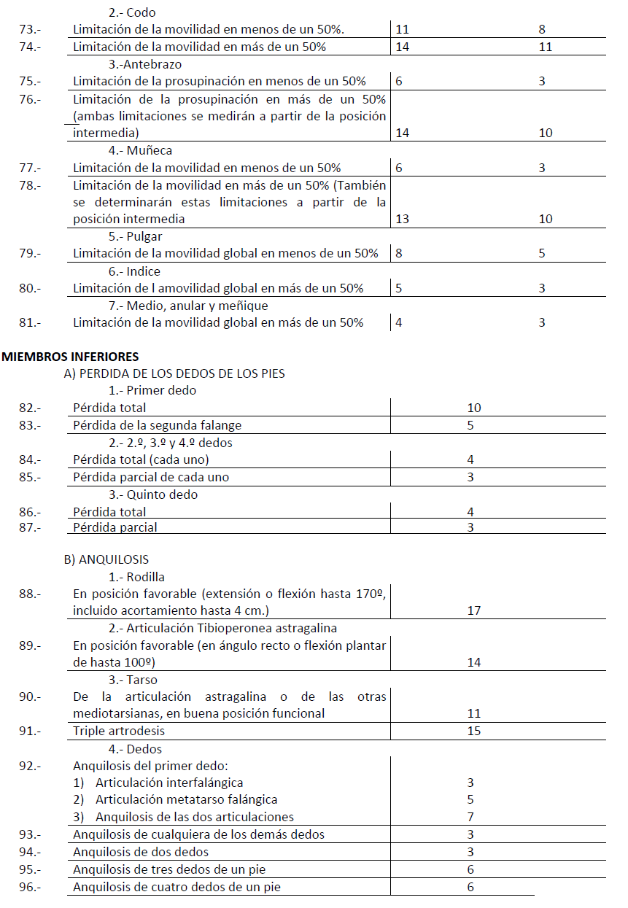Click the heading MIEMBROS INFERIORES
pyautogui.click(x=70, y=357)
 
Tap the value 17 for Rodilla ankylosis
pyautogui.click(x=473, y=610)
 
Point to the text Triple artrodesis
pyautogui.click(x=119, y=731)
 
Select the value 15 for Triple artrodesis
pyautogui.click(x=473, y=731)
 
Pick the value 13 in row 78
pyautogui.click(x=402, y=219)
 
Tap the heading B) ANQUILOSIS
pyautogui.click(x=106, y=559)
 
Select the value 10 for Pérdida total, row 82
pyautogui.click(x=473, y=408)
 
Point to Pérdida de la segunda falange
pyautogui.click(x=157, y=425)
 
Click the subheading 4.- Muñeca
pyautogui.click(x=140, y=150)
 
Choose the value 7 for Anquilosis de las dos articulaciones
pyautogui.click(x=470, y=817)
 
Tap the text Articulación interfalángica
pyautogui.click(x=169, y=783)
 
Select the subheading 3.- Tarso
pyautogui.click(x=133, y=680)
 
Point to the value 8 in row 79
pyautogui.click(x=398, y=254)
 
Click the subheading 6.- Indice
pyautogui.click(x=134, y=271)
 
